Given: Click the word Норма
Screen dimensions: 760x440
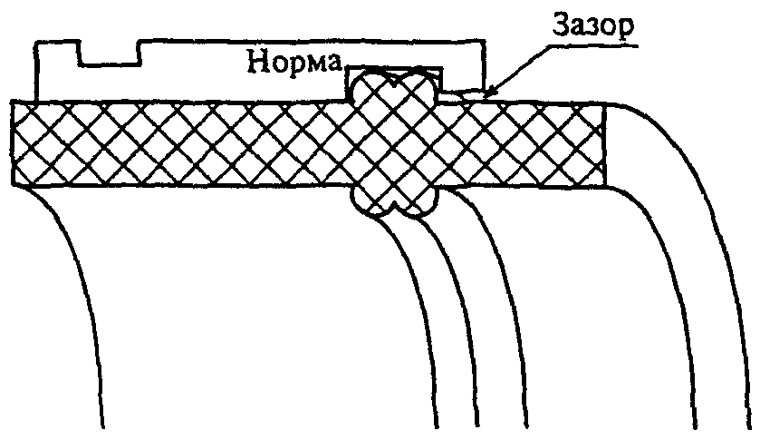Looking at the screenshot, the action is (294, 63).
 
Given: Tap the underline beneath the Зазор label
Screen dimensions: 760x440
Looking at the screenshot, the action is (593, 46).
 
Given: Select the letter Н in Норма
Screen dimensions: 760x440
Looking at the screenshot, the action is (256, 62).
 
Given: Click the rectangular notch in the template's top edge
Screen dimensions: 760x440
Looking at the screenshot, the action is (110, 53).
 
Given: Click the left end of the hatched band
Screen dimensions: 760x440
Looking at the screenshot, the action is (13, 142).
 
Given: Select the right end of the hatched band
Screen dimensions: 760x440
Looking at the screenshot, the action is (604, 145).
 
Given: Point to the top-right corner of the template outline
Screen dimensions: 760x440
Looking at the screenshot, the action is (485, 40).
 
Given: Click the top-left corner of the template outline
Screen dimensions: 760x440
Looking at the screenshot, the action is (35, 43).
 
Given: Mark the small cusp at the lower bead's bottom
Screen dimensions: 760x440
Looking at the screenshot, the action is (395, 203).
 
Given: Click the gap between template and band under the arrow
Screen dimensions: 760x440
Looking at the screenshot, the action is (462, 94).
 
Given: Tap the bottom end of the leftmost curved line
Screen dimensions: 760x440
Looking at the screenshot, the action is (102, 427).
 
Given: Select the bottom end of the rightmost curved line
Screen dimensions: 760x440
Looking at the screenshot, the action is (751, 427).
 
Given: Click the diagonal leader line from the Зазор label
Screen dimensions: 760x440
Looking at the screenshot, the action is (518, 69).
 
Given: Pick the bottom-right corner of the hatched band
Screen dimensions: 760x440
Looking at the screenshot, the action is (605, 187).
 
